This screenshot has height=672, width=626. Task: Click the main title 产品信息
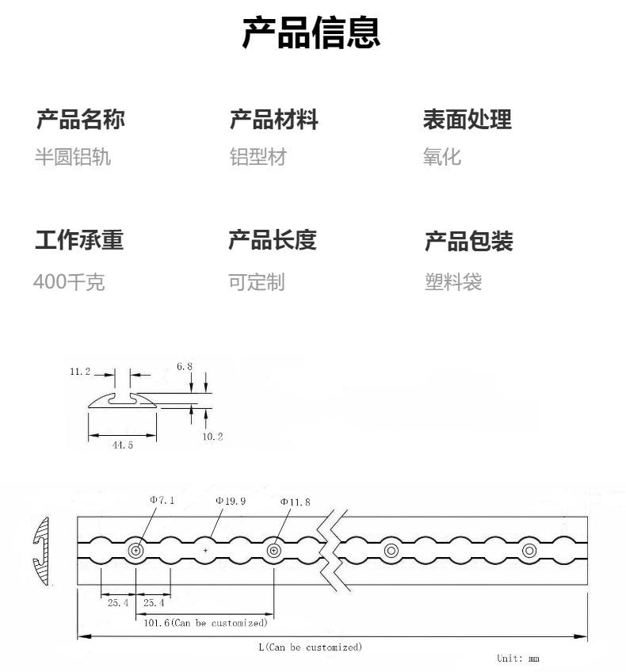coord(311,32)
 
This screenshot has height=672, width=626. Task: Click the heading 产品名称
coord(81,119)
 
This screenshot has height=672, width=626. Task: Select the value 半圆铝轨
coord(73,157)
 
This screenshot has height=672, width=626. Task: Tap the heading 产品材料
coord(274,119)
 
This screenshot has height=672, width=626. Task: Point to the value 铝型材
coord(258,157)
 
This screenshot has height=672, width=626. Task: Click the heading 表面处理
coord(467,119)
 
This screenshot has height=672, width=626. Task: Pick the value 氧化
coord(441,157)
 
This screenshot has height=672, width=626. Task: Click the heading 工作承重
coord(79,239)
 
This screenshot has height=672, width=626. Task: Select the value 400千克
coord(69,282)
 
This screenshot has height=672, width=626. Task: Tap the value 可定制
coord(256,282)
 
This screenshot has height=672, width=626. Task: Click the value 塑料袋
coord(453,282)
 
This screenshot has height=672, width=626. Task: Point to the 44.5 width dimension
coord(123,445)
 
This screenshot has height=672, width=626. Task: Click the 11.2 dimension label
coord(80,372)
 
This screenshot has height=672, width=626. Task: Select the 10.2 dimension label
coord(212,437)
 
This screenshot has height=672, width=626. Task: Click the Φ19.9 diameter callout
coord(231,501)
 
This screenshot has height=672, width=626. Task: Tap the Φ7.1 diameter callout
coord(162,500)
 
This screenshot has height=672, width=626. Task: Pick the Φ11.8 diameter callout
coord(296,502)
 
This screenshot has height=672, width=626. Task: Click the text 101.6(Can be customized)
coord(205,623)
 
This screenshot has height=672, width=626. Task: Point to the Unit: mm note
coord(518,658)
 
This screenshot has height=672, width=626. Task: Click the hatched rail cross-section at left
coord(40,551)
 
